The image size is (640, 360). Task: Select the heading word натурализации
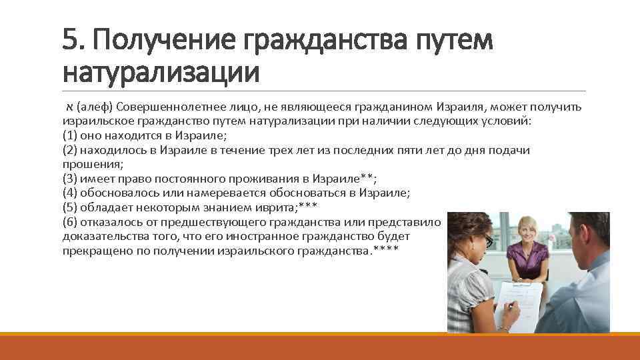click(160, 71)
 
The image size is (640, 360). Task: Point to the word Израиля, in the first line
click(459, 107)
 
